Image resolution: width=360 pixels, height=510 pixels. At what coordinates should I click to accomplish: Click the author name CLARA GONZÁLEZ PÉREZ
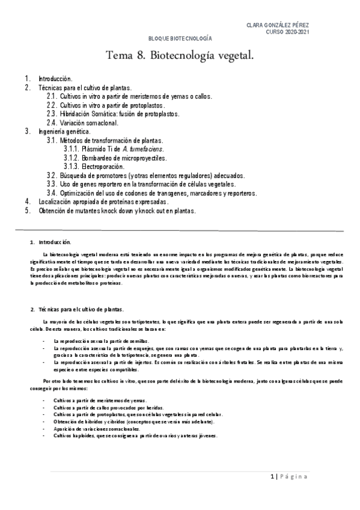278,25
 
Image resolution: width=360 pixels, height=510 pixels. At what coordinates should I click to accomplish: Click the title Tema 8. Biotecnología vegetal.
180,57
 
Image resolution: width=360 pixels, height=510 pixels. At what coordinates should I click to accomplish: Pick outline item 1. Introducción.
55,79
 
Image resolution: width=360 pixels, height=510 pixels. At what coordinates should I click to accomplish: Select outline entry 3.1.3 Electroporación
98,166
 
